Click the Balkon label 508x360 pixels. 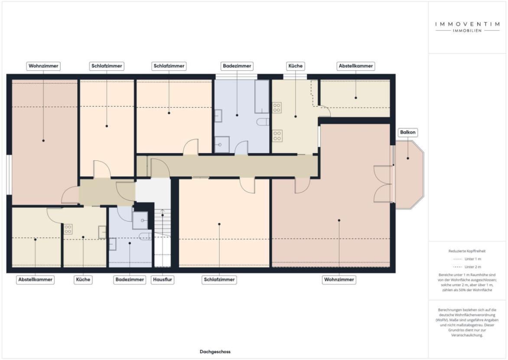[408, 133]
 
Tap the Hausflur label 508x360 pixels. [163, 280]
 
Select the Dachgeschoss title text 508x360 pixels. [215, 352]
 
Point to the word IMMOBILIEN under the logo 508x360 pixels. [467, 31]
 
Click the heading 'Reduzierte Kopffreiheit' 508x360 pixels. [467, 251]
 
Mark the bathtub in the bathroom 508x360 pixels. [262, 96]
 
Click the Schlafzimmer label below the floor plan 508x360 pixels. [219, 280]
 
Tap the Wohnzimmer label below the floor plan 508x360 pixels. [339, 280]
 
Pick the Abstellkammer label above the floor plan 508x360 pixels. [355, 66]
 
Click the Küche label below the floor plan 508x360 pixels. [83, 280]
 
